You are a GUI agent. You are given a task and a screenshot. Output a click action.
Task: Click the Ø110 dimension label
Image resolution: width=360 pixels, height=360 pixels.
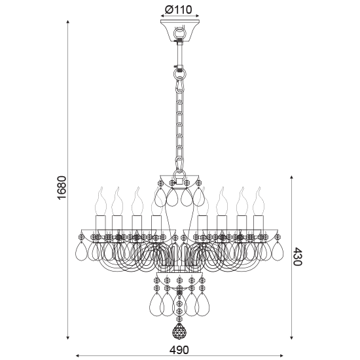click(179, 10)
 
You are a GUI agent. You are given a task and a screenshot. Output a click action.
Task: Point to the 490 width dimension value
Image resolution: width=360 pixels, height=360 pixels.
click(179, 350)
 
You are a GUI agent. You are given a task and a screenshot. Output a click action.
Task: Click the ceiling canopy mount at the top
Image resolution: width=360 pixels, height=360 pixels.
click(179, 32)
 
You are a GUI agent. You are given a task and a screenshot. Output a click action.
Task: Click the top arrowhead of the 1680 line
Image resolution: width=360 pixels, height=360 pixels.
click(69, 22)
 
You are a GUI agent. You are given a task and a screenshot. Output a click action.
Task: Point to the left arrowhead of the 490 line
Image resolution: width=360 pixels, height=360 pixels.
click(79, 355)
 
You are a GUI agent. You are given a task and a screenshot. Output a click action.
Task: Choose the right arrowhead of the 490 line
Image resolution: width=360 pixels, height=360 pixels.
click(281, 355)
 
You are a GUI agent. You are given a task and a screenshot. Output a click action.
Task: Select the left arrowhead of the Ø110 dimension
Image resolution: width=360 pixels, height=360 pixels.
click(162, 20)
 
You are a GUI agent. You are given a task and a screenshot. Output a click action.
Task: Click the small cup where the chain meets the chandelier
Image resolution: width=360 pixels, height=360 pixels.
click(179, 178)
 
